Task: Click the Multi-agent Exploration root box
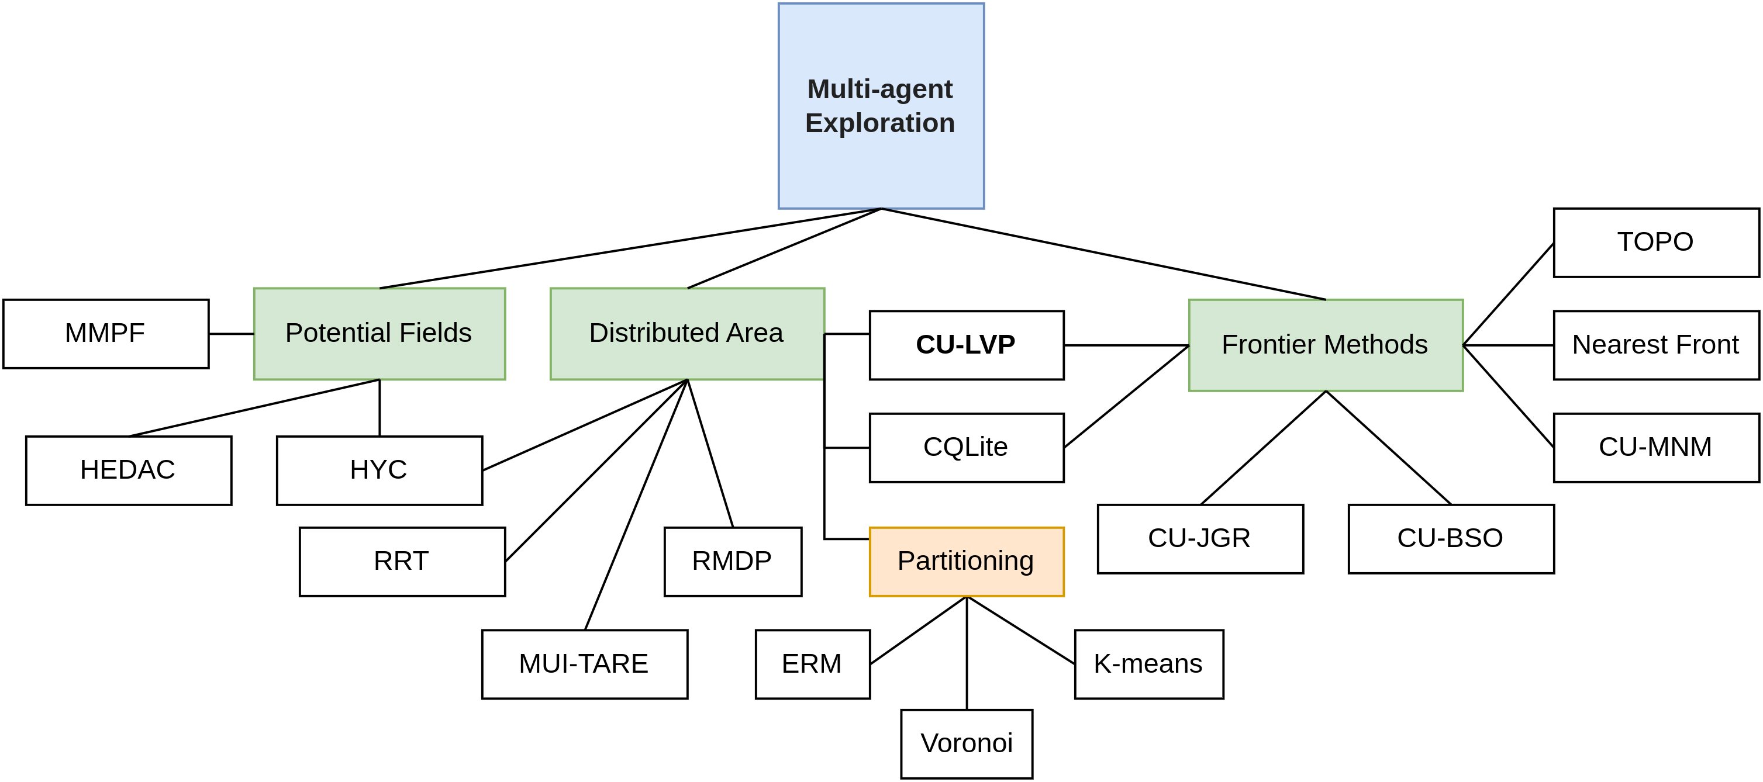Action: (881, 106)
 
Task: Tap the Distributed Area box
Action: (687, 334)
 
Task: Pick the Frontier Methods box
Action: (1326, 345)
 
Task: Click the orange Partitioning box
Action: (967, 562)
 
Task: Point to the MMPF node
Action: (106, 334)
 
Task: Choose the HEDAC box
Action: (129, 470)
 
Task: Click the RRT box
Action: (402, 562)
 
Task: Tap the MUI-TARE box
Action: (585, 665)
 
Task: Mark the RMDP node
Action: (733, 562)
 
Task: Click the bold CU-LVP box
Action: (967, 345)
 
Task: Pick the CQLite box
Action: (967, 448)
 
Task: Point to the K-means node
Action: (1149, 665)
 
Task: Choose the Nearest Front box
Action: (1656, 345)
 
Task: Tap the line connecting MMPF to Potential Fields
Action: (232, 334)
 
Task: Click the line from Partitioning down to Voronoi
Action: (967, 653)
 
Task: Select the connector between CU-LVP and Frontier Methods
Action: (1127, 345)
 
